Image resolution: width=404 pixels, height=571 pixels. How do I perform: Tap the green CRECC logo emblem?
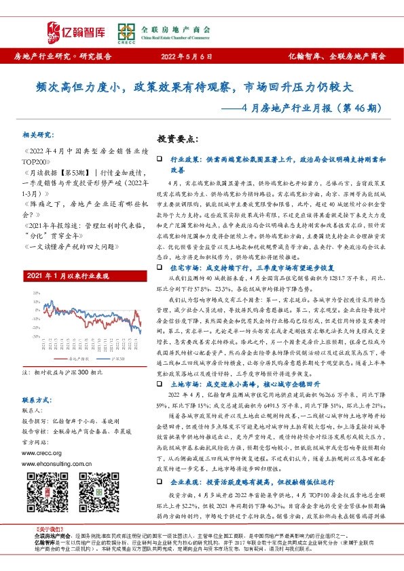click(x=125, y=31)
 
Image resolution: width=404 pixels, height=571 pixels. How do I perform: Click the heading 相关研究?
click(x=37, y=135)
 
